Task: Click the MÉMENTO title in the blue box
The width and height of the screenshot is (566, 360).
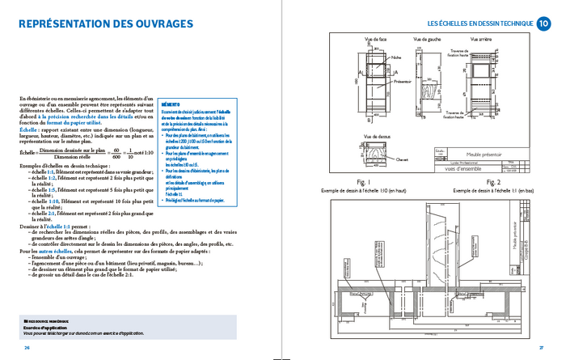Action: [171, 104]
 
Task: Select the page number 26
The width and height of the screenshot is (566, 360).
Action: [27, 347]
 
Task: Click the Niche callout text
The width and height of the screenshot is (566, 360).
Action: [396, 57]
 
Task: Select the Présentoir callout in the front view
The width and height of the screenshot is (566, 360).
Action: [403, 82]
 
